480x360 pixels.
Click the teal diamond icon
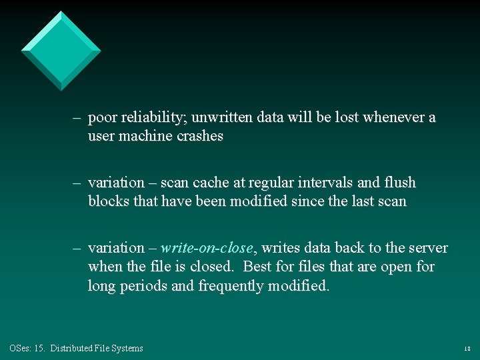[61, 51]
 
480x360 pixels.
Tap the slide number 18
[467, 349]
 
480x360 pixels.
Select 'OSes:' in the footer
[19, 348]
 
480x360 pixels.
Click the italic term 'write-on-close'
[207, 248]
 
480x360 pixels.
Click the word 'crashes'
[199, 137]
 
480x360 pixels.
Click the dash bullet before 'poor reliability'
[77, 118]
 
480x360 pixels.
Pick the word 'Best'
[259, 267]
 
